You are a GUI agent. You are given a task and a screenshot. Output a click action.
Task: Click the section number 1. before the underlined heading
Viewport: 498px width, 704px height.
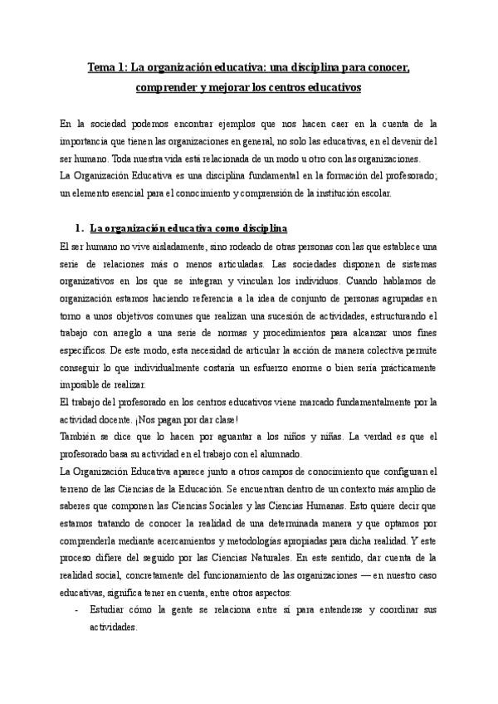[x=80, y=228]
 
